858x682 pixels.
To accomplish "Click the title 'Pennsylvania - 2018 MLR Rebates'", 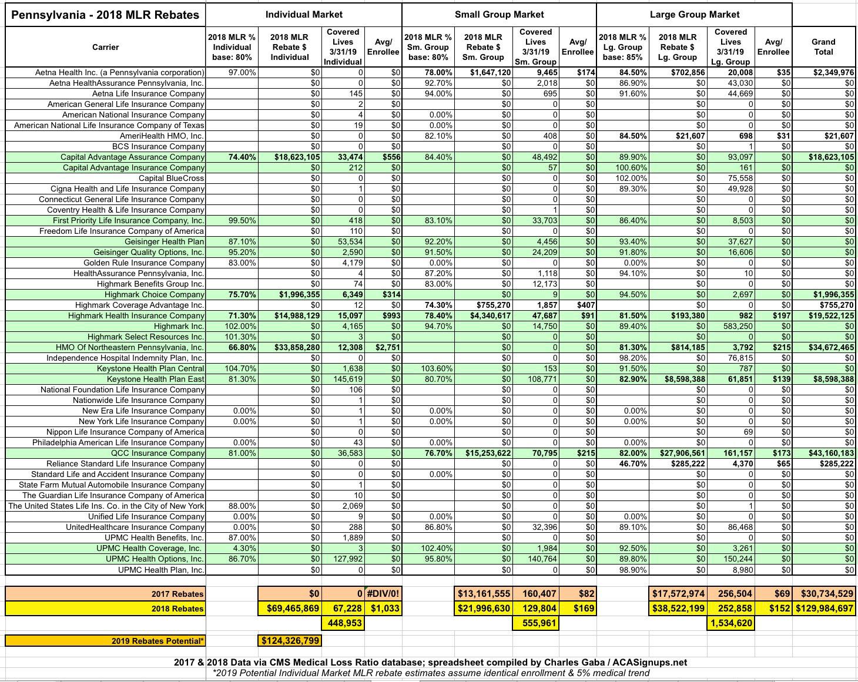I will pyautogui.click(x=105, y=15).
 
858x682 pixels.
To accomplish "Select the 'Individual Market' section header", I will pyautogui.click(x=304, y=14).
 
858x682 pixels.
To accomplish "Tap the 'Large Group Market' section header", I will pyautogui.click(x=694, y=14).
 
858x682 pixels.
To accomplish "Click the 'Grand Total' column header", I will pyautogui.click(x=823, y=46).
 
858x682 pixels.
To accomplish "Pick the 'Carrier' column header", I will pyautogui.click(x=105, y=47).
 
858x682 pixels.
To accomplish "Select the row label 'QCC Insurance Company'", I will pyautogui.click(x=157, y=453).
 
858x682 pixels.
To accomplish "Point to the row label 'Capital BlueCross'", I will pyautogui.click(x=171, y=178).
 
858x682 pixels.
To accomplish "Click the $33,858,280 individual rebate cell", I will pyautogui.click(x=296, y=347).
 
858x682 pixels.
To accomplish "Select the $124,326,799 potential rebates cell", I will pyautogui.click(x=290, y=640).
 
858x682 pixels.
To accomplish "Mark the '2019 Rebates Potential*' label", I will pyautogui.click(x=157, y=641).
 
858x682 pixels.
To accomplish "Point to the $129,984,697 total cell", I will pyautogui.click(x=824, y=608).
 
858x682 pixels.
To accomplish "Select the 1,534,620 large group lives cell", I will pyautogui.click(x=730, y=623).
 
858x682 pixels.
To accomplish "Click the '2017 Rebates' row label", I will pyautogui.click(x=177, y=594).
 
